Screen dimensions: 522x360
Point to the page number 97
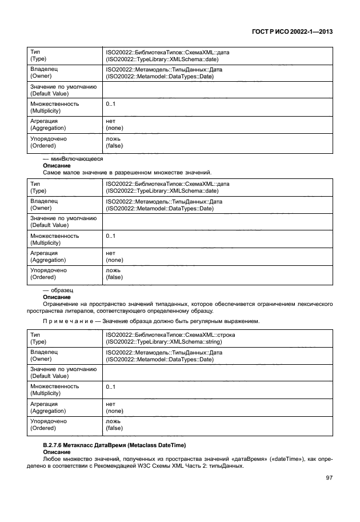[x=329, y=477]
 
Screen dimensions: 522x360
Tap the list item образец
[x=58, y=290]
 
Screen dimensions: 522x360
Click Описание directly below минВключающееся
[x=57, y=165]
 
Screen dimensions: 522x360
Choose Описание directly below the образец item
[x=57, y=297]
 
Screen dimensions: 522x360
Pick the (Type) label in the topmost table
[x=39, y=59]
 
